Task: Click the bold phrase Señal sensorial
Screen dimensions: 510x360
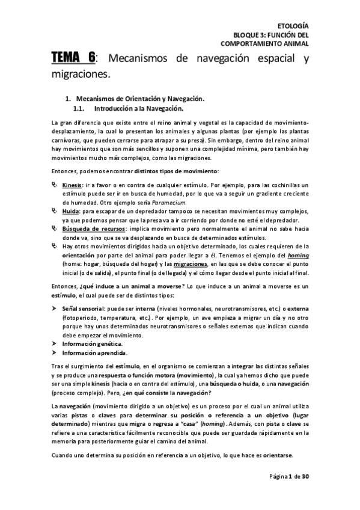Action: [x=85, y=308]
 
